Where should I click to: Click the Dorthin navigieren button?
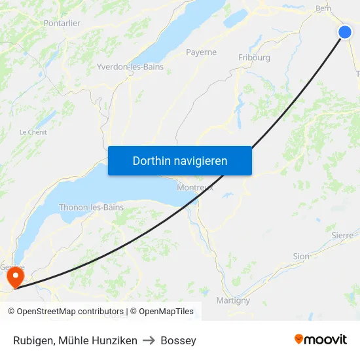(x=180, y=160)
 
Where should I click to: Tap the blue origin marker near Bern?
(x=345, y=32)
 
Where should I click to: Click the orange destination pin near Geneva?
(x=13, y=278)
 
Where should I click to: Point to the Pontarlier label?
(x=62, y=23)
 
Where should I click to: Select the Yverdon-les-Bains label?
(x=130, y=67)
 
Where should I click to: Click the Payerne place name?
(x=201, y=52)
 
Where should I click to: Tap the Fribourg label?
(x=254, y=58)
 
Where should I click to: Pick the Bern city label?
(x=323, y=9)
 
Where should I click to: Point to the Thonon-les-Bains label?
(x=91, y=207)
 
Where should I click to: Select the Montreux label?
(x=195, y=188)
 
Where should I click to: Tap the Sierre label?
(x=342, y=235)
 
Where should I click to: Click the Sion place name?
(x=301, y=257)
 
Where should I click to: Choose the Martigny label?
(x=233, y=300)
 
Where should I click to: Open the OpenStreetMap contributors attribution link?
(x=70, y=312)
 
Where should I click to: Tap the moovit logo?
(x=321, y=339)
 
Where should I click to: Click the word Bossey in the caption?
(x=178, y=340)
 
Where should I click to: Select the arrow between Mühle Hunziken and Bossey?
(x=149, y=340)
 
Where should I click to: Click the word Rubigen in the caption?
(x=33, y=340)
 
